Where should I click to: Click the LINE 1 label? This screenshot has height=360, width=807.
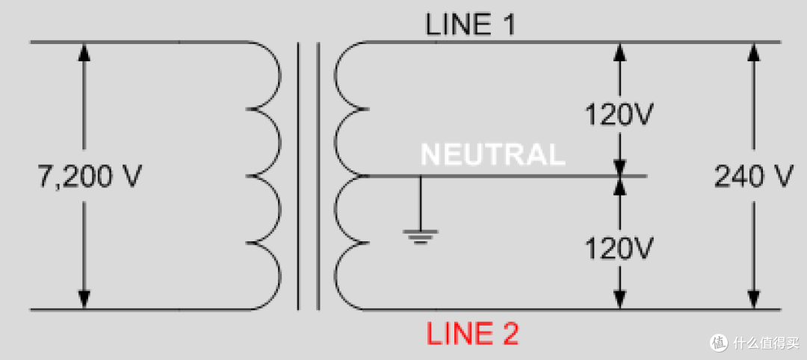coord(470,24)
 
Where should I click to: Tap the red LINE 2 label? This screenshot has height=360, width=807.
coord(472,334)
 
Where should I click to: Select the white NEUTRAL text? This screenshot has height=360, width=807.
coord(492,154)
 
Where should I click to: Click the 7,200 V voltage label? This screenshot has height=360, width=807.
coord(89,177)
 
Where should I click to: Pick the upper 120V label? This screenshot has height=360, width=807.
coord(619,116)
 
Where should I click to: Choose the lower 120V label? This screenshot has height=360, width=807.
coord(619,249)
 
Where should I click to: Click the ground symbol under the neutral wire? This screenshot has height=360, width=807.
coord(421,236)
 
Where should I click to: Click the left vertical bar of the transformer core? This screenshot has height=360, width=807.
coord(298,176)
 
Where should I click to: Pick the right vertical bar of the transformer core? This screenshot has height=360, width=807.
coord(318,176)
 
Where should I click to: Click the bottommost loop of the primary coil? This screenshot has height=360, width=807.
coord(280,276)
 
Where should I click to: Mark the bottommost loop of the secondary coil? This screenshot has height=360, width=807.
coord(335,276)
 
